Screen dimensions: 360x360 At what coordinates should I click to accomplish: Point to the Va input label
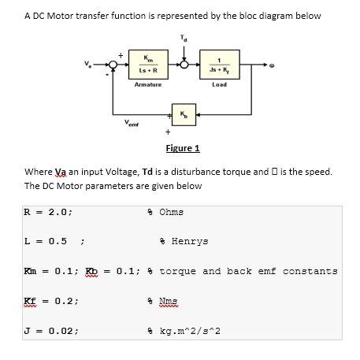click(88, 65)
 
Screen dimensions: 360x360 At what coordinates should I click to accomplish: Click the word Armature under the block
click(148, 84)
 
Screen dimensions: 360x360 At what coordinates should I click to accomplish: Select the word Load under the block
click(220, 84)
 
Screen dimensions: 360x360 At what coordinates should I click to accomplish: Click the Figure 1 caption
click(183, 148)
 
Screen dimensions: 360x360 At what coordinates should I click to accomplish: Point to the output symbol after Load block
click(273, 66)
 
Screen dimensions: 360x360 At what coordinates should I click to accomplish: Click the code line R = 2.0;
click(49, 212)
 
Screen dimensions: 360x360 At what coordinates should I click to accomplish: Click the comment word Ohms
click(173, 212)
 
